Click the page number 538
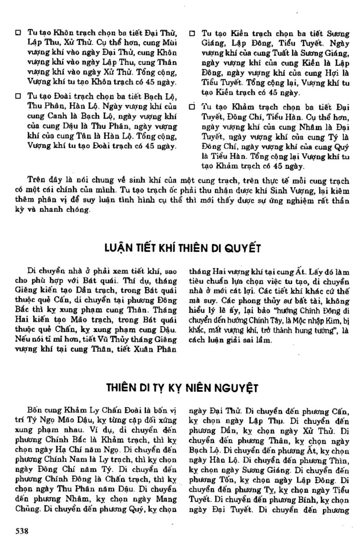click(22, 531)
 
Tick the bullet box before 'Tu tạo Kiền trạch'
click(192, 33)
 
